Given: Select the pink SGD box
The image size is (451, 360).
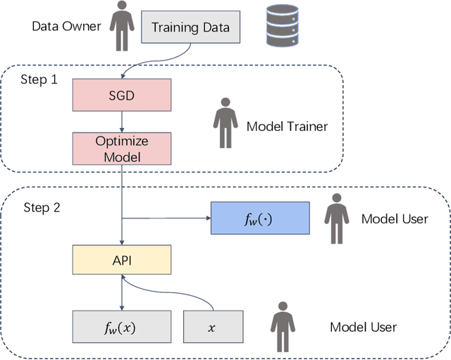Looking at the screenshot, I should [122, 94].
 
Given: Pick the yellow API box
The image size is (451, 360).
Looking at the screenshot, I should [122, 259].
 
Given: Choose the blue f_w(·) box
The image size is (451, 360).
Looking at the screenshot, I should [260, 218].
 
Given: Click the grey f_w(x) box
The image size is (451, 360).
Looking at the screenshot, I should [122, 327].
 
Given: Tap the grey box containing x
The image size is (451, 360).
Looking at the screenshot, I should [214, 327].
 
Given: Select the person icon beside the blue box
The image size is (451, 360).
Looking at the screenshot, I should [335, 218].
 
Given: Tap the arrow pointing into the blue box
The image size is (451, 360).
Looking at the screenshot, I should [169, 218].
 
